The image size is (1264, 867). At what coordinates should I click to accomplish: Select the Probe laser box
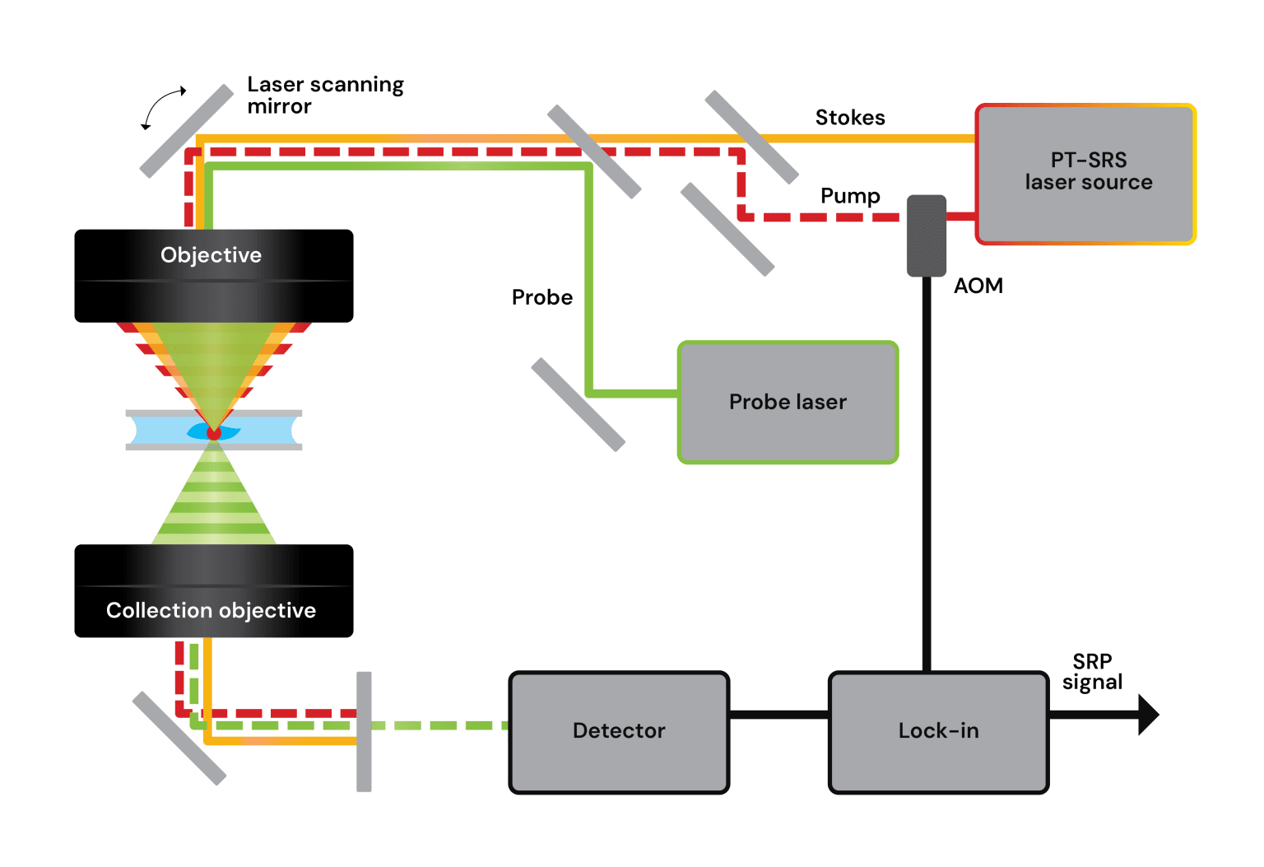click(x=788, y=402)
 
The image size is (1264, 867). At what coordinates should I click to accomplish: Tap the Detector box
click(x=619, y=731)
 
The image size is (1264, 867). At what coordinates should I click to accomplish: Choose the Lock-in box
click(x=938, y=731)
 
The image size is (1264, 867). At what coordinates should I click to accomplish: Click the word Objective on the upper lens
click(x=211, y=255)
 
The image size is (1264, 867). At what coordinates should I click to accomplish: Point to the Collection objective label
click(x=211, y=610)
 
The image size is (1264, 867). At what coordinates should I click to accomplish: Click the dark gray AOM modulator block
click(x=927, y=235)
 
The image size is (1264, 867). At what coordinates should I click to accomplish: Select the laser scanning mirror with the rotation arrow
click(x=187, y=131)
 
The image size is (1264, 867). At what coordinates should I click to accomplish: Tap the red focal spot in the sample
click(x=214, y=432)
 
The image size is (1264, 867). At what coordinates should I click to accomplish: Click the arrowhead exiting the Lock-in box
click(x=1148, y=714)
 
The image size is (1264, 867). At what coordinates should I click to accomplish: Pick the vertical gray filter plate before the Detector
click(x=364, y=731)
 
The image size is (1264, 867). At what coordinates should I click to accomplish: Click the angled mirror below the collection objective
click(x=179, y=738)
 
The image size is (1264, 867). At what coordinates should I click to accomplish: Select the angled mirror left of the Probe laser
click(x=578, y=404)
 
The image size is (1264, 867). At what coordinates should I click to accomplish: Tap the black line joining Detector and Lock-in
click(x=778, y=714)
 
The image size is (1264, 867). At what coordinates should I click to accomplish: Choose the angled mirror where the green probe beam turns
click(x=594, y=151)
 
